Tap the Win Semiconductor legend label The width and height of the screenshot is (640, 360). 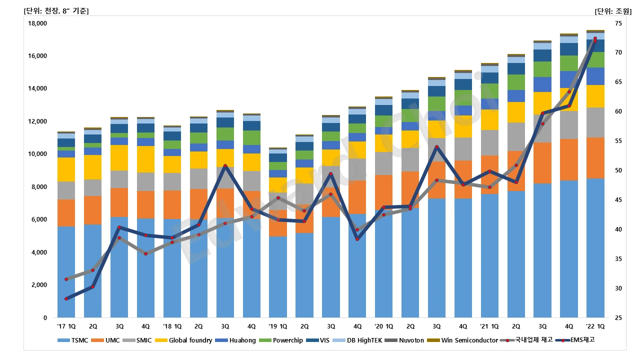click(469, 340)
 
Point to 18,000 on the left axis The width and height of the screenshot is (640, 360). click(37, 23)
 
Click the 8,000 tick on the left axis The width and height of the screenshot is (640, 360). click(39, 187)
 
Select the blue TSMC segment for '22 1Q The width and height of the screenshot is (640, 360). click(595, 247)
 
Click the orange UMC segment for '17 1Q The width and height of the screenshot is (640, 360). click(66, 213)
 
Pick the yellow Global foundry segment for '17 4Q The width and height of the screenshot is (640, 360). click(145, 159)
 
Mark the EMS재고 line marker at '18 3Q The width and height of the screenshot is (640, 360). click(225, 166)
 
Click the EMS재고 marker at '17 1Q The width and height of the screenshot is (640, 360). click(66, 298)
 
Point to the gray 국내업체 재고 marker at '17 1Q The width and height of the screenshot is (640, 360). click(66, 279)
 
